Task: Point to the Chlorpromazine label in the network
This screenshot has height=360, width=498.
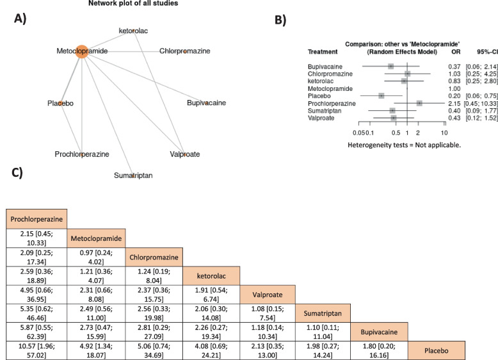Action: click(x=184, y=51)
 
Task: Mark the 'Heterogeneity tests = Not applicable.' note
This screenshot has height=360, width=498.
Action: click(x=405, y=145)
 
